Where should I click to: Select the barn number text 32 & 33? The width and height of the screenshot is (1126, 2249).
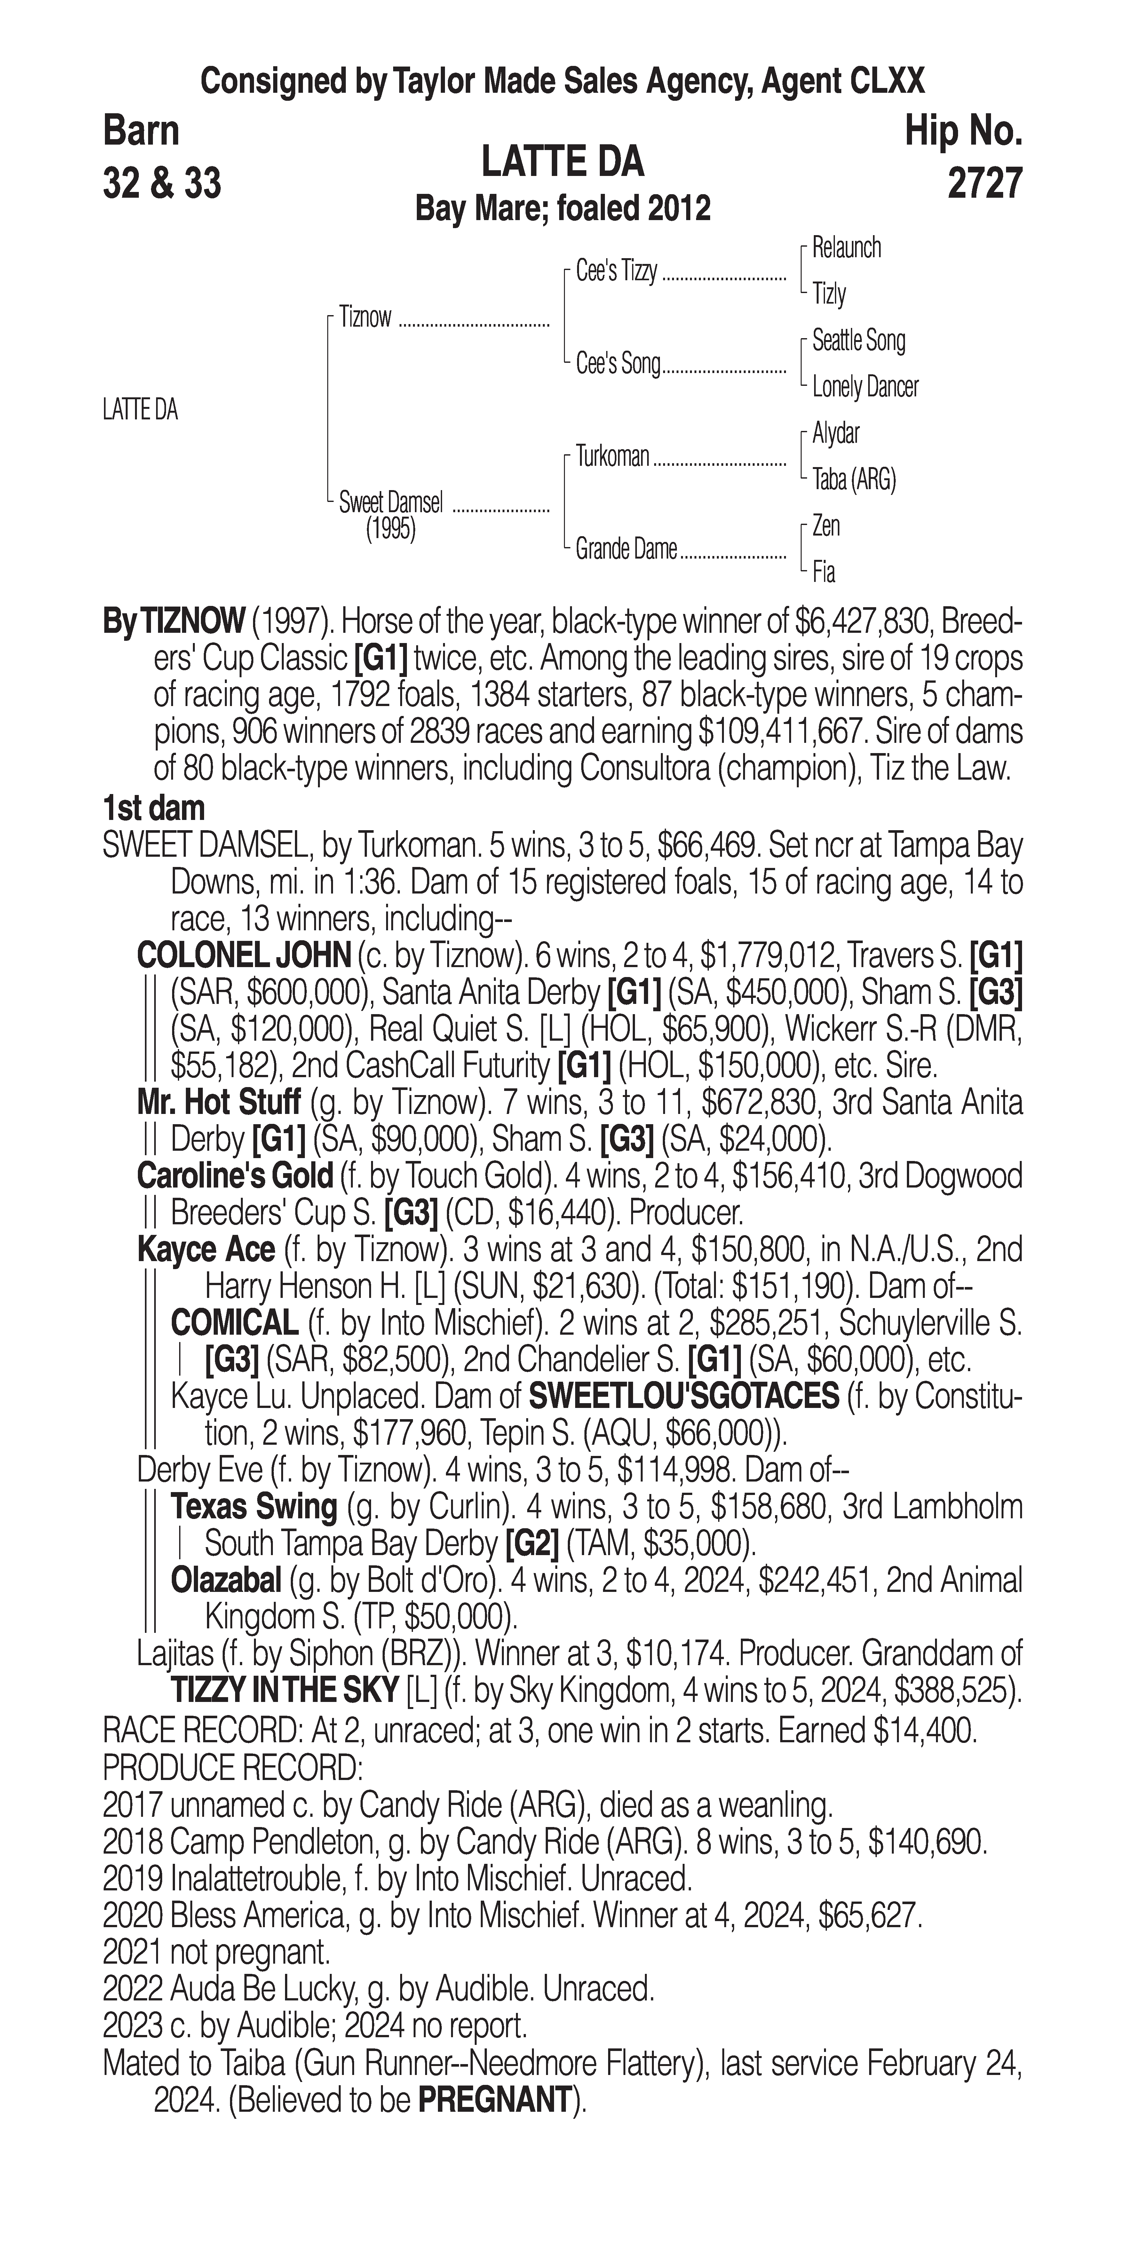pyautogui.click(x=162, y=183)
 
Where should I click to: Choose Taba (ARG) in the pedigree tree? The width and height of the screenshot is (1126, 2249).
pyautogui.click(x=854, y=479)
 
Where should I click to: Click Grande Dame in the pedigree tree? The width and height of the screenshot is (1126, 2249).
pyautogui.click(x=626, y=549)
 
